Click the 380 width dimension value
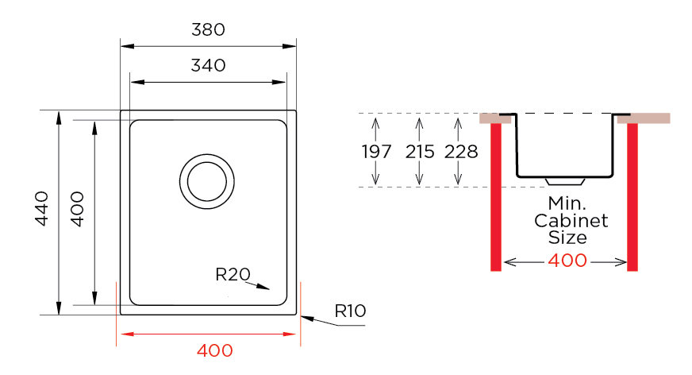coord(209,30)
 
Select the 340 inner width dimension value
coord(209,65)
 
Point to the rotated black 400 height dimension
coord(77,208)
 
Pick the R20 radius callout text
coord(233,275)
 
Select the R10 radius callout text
coord(350,311)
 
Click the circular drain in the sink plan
coord(206,180)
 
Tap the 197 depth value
coord(376,152)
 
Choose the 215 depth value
coord(420,152)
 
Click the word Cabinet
coord(571,220)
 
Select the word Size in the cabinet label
coord(568,237)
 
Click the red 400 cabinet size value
coord(567,261)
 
